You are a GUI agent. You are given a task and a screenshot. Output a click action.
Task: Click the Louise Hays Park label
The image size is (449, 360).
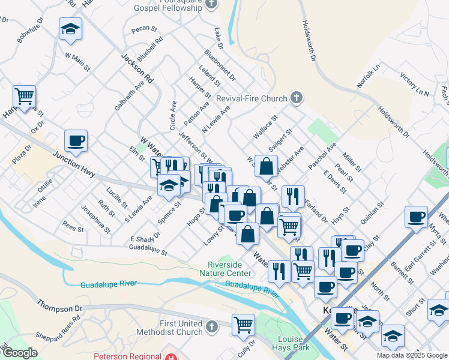point(290,343)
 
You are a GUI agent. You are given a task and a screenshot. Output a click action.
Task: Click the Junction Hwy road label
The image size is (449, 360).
point(75,165)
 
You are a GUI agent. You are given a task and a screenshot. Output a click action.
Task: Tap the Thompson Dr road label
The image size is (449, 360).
point(59,308)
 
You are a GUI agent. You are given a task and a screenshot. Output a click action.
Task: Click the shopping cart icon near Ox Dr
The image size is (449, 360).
point(24,96)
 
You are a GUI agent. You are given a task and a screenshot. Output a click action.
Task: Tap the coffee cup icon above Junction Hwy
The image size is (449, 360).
point(76,140)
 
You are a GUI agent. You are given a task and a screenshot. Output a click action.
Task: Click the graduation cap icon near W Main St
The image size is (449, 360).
point(70,29)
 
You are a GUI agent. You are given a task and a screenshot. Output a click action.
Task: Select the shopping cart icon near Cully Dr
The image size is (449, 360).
point(243,325)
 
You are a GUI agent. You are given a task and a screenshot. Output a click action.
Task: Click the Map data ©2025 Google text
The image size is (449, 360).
point(412,355)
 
